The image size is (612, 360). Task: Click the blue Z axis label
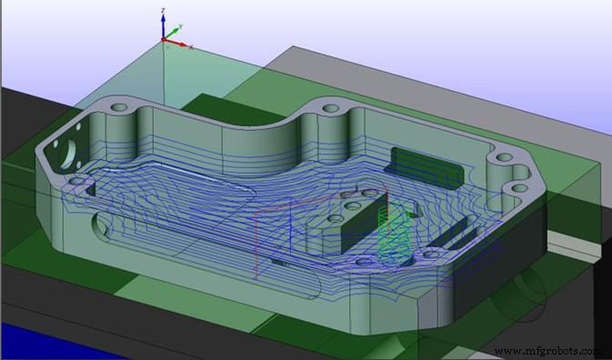click(x=161, y=11)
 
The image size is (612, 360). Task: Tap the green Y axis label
click(x=181, y=28)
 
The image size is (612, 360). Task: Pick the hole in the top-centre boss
click(x=331, y=108)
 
